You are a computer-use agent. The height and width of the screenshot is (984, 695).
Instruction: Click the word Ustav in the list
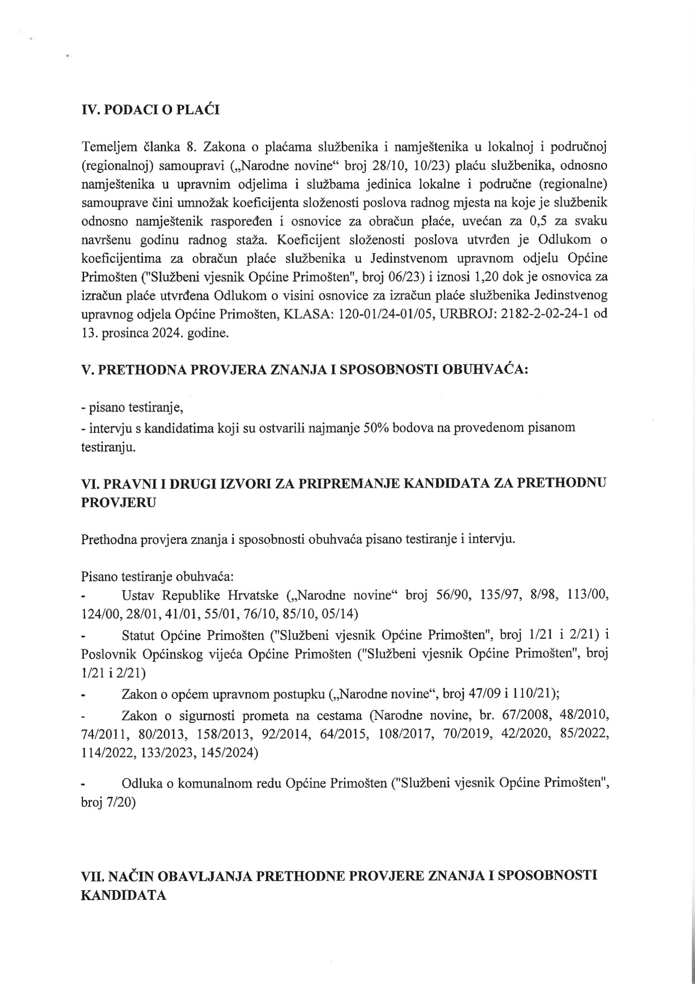(x=137, y=596)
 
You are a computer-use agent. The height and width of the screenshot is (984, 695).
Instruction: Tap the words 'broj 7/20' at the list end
(x=108, y=802)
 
